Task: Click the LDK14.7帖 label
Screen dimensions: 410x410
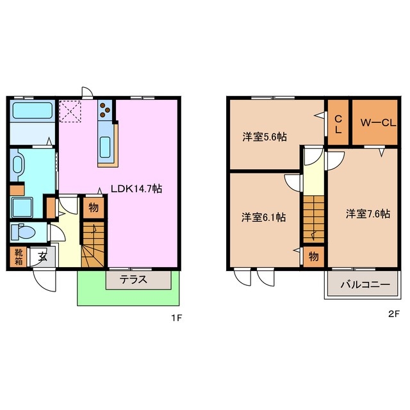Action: tap(136, 188)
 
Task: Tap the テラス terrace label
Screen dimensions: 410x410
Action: tap(133, 280)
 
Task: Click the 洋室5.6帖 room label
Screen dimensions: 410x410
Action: tap(265, 136)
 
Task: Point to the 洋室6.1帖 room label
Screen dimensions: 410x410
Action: tap(263, 217)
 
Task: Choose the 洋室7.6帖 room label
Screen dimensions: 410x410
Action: tap(368, 213)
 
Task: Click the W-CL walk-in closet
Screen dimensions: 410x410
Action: tap(375, 122)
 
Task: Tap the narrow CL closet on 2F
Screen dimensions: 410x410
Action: tap(338, 122)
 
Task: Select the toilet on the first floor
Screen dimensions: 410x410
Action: tap(24, 232)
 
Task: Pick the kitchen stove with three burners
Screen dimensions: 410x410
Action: tap(105, 110)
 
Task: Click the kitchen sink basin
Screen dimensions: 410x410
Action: tap(105, 147)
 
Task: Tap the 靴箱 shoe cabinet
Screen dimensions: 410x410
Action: tap(19, 257)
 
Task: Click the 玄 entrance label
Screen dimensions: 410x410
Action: tap(42, 257)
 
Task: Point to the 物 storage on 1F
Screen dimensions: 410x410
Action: tap(94, 208)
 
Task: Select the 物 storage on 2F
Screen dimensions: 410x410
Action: tap(313, 257)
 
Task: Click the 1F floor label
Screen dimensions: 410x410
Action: tap(177, 318)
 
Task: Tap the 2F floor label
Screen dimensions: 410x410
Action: tap(395, 314)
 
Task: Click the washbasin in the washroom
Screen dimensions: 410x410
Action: tap(17, 165)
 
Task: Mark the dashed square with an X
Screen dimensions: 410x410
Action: tap(70, 111)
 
